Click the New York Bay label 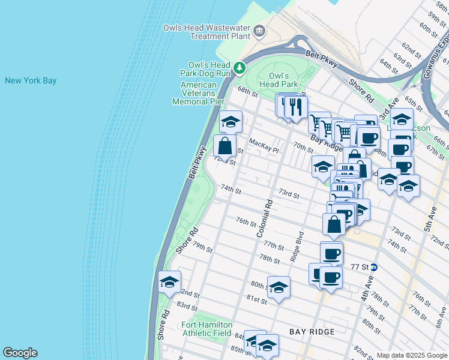pos(31,80)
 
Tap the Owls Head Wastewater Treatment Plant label pos(207,32)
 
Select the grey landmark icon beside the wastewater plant pos(259,31)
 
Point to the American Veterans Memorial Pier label pos(199,93)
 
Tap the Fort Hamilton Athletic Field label pos(207,329)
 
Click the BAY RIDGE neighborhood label pos(312,331)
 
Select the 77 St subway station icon pos(374,267)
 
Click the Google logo pos(20,353)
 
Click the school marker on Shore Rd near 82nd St pos(170,283)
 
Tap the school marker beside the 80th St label pos(279,288)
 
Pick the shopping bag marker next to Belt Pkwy pos(224,146)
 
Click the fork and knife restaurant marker pos(295,107)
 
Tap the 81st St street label pos(256,299)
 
